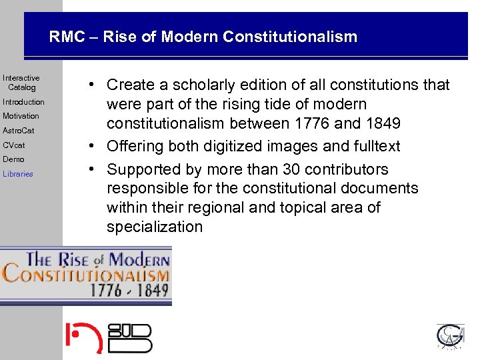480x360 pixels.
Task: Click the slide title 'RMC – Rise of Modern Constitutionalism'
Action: (x=203, y=37)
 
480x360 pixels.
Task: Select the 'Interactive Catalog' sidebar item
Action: (x=21, y=83)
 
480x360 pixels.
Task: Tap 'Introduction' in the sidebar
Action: (x=23, y=102)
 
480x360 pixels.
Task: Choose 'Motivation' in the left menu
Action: (x=21, y=116)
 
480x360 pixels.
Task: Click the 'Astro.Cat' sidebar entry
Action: (x=18, y=131)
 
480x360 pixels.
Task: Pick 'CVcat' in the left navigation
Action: (x=13, y=145)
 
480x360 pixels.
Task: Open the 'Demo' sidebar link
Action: (x=13, y=159)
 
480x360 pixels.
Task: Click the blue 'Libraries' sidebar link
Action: (x=17, y=174)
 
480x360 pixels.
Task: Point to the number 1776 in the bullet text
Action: (x=311, y=123)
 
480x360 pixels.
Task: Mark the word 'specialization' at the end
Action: (x=154, y=227)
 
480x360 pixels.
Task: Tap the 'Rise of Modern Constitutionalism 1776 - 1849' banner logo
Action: (x=86, y=275)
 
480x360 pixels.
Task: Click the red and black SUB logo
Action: (x=108, y=337)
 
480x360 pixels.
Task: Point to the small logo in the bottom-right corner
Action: (x=450, y=337)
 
